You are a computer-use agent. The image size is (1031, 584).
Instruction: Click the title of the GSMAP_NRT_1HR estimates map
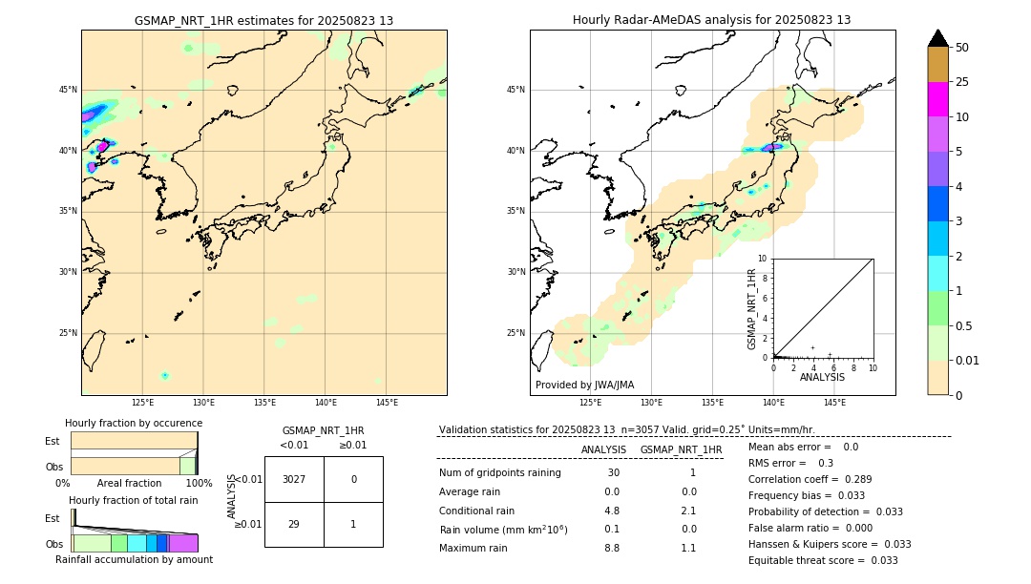263,20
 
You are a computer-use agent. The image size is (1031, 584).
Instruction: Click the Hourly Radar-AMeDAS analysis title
711,20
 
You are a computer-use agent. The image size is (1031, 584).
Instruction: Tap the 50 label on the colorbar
962,48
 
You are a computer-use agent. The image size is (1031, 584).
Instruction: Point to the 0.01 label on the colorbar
968,360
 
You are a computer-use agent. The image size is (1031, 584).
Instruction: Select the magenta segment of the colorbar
937,99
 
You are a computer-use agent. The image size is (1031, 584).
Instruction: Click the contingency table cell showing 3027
294,479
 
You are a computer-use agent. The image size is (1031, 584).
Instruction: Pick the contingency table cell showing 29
294,524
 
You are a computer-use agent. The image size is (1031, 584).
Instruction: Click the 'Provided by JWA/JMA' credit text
584,386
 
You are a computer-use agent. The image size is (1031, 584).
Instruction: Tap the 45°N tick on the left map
68,90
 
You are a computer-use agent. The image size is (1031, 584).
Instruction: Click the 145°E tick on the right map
834,403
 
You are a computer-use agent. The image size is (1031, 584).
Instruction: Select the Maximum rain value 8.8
611,548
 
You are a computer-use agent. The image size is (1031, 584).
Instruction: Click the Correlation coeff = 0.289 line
811,479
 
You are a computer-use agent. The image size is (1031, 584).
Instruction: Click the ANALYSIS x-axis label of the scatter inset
822,377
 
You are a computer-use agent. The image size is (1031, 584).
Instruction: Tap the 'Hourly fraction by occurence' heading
134,423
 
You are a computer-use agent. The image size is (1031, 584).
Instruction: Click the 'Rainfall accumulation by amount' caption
134,559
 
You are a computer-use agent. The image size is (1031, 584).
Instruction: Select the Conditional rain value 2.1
688,511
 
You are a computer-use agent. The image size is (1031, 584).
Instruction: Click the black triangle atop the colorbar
937,38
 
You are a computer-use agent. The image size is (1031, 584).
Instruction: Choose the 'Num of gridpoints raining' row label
500,473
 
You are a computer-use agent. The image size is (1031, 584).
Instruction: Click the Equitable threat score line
823,560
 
